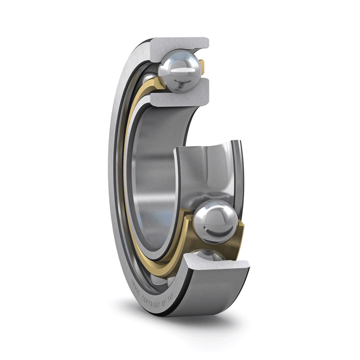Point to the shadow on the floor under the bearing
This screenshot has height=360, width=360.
point(189,323)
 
